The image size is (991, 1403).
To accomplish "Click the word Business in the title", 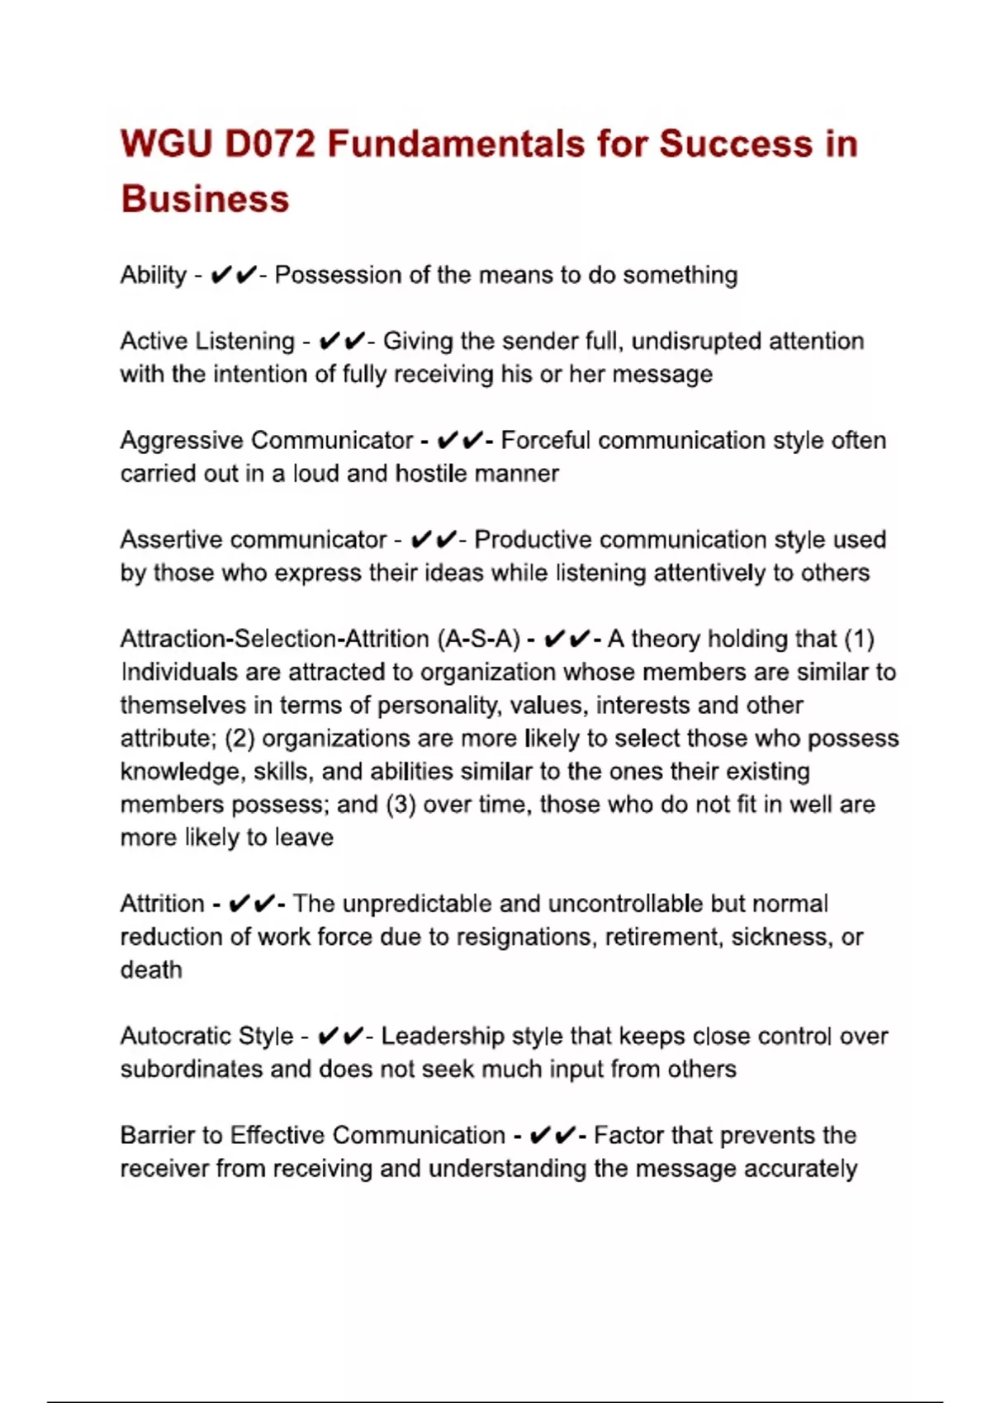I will pyautogui.click(x=205, y=199).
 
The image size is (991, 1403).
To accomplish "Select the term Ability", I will pyautogui.click(x=154, y=275).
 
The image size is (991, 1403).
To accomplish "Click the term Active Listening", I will pyautogui.click(x=207, y=341).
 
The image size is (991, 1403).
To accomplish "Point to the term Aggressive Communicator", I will pyautogui.click(x=266, y=440).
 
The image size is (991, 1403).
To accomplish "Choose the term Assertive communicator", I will pyautogui.click(x=254, y=540).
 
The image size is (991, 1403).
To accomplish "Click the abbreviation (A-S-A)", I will pyautogui.click(x=479, y=639).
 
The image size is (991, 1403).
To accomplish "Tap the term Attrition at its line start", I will pyautogui.click(x=162, y=904).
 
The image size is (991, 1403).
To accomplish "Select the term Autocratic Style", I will pyautogui.click(x=206, y=1036).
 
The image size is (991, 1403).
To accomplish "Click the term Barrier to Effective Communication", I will pyautogui.click(x=312, y=1136).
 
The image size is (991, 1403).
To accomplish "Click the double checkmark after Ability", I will pyautogui.click(x=234, y=275).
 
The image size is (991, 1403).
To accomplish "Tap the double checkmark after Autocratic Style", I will pyautogui.click(x=340, y=1036).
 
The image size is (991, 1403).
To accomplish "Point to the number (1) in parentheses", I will pyautogui.click(x=859, y=639).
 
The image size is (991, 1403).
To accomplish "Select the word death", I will pyautogui.click(x=151, y=970).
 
